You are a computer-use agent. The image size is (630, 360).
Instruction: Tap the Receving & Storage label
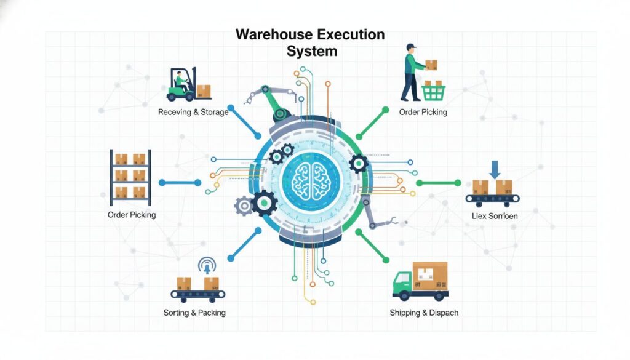coord(193,112)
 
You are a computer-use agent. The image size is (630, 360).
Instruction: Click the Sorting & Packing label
coord(194,313)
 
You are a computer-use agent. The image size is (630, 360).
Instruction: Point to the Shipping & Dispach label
coord(424,313)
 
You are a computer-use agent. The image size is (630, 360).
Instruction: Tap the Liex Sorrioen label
coord(495,216)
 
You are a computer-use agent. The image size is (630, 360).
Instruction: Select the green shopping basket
coord(433,92)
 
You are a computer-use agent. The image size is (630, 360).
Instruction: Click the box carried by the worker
coord(431,65)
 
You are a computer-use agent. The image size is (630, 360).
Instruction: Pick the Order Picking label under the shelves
coord(132,215)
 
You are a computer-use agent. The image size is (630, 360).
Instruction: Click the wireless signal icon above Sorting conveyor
coord(206,266)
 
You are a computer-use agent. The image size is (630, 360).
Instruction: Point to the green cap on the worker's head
coord(412,47)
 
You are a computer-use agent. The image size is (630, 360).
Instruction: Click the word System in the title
coord(312,51)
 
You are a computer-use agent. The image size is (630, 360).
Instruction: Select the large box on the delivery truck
coord(429,274)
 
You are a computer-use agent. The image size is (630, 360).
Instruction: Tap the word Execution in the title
coord(350,34)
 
